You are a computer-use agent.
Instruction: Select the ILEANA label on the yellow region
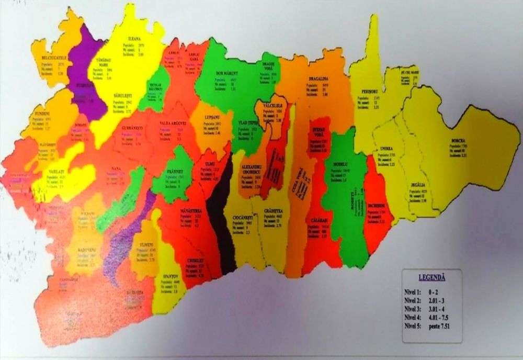136,39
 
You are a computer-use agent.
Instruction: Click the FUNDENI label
40,113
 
